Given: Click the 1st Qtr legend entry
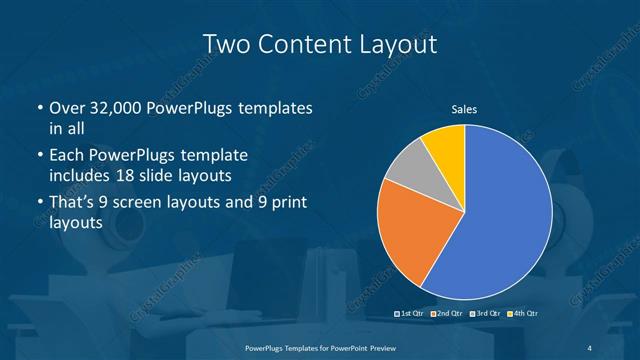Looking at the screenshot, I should click(x=411, y=315).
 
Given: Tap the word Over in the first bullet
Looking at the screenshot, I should click(x=66, y=108).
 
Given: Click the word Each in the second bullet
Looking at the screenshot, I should click(x=66, y=155).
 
